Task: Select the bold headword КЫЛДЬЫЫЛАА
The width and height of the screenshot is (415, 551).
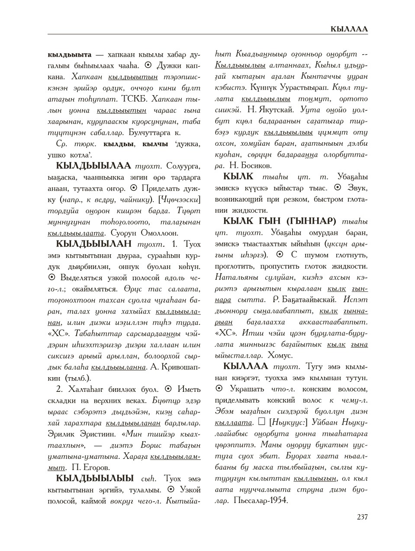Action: click(93, 166)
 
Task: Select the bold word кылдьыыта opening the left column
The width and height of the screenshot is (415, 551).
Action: click(69, 55)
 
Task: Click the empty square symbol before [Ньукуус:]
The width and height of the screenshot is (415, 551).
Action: click(261, 422)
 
